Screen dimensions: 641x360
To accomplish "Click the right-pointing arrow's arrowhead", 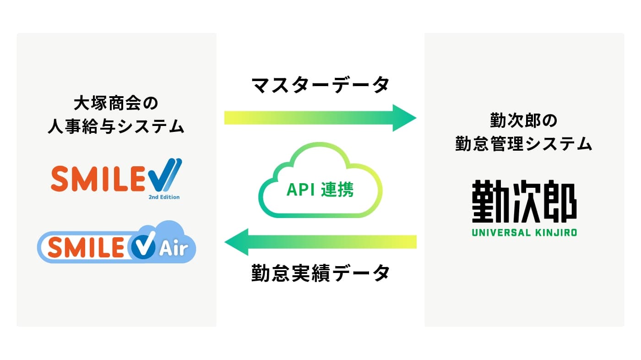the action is (404, 118).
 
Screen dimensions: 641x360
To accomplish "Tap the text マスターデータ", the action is (320, 85).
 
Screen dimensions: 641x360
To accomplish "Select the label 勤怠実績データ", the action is (320, 273).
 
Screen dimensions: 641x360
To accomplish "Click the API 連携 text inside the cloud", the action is (320, 190).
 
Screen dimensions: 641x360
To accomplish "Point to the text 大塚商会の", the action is (116, 104).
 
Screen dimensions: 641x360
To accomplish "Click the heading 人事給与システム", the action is (116, 126).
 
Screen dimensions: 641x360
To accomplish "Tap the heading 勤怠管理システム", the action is (524, 143).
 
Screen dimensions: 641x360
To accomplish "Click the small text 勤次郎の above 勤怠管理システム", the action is (524, 120).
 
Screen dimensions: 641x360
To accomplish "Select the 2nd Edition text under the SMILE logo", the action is (164, 197).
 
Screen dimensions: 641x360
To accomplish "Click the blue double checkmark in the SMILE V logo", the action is (166, 175).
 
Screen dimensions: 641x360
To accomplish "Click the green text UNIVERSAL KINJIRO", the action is (524, 232).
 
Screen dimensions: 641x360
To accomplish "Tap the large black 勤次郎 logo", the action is (524, 201).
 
